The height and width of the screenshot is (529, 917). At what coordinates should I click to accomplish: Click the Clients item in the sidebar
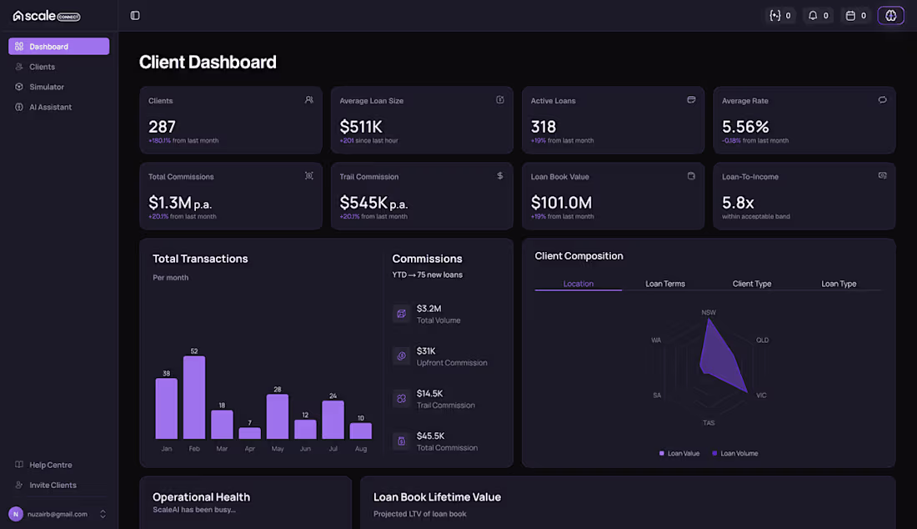(x=43, y=67)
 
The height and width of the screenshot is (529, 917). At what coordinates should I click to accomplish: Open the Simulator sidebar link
(x=46, y=87)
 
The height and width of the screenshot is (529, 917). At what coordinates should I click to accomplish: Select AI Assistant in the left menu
(x=50, y=107)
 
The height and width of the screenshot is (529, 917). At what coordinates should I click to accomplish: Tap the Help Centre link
(x=50, y=465)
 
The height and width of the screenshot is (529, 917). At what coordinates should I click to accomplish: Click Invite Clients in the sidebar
(x=53, y=485)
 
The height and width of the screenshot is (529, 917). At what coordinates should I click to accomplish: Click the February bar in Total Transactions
(x=194, y=397)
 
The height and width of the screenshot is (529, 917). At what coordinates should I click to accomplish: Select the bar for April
(x=250, y=433)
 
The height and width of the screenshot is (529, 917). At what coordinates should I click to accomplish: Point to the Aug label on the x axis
(x=361, y=449)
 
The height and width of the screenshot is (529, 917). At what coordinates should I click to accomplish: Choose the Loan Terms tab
(x=665, y=284)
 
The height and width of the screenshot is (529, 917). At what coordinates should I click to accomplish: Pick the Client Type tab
(x=752, y=284)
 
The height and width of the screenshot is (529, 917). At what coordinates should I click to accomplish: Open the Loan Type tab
(x=839, y=284)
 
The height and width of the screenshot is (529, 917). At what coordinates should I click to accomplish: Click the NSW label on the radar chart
(x=709, y=313)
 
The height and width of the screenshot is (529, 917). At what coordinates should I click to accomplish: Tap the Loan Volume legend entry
(x=735, y=454)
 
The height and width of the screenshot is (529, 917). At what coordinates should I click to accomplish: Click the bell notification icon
(x=813, y=16)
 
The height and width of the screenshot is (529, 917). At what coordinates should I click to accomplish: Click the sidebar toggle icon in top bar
(x=135, y=16)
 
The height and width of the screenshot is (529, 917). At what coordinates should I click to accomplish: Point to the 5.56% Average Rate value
(x=745, y=126)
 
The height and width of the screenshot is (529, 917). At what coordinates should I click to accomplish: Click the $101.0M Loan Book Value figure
(x=561, y=203)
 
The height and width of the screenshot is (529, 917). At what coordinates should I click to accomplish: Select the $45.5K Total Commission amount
(x=430, y=436)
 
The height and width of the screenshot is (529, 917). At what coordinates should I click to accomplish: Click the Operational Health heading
(x=201, y=496)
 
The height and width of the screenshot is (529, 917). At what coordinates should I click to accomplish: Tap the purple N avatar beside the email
(x=16, y=514)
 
